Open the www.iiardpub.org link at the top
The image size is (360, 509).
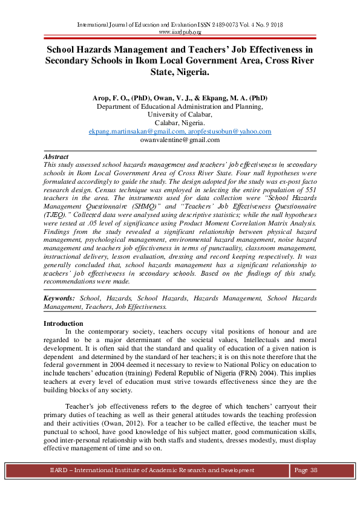click(x=180, y=31)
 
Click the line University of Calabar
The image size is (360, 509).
click(x=180, y=114)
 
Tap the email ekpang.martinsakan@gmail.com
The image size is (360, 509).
click(x=137, y=131)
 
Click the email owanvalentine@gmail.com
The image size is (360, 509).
click(x=180, y=140)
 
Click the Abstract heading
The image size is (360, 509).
click(x=56, y=157)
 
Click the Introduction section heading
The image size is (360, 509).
click(x=64, y=323)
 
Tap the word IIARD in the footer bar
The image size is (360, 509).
click(x=58, y=470)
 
